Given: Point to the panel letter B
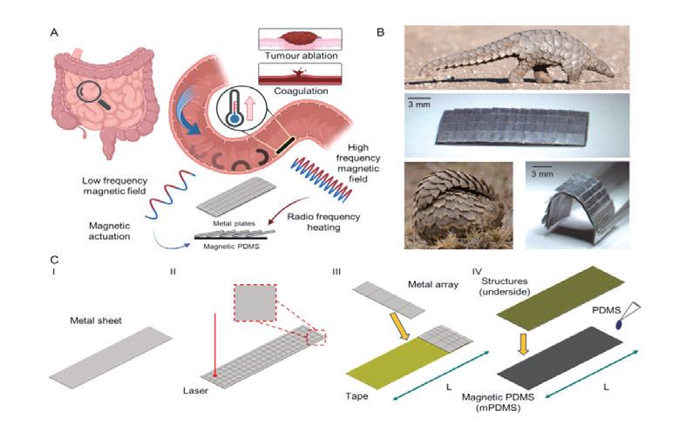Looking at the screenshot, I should point(380,31).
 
